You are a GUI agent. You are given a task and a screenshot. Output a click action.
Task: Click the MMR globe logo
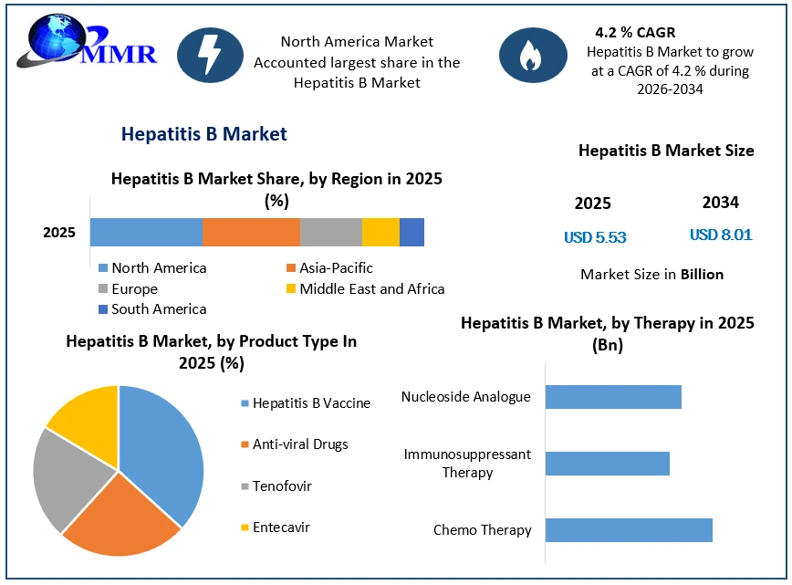tap(87, 42)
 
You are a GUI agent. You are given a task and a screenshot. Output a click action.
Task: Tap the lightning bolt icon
tap(210, 55)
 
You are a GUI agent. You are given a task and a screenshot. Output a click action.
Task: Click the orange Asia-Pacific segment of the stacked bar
tap(251, 233)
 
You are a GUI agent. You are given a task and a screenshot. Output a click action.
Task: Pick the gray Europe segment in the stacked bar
tap(331, 233)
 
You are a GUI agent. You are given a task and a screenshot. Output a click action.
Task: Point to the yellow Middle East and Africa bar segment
tap(380, 233)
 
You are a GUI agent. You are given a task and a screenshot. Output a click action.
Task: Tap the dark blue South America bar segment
tap(412, 233)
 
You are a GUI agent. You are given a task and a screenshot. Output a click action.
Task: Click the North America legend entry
tap(152, 267)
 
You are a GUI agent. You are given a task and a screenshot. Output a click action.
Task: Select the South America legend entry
tap(152, 309)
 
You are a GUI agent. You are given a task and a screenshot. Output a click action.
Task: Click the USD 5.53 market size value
tap(595, 237)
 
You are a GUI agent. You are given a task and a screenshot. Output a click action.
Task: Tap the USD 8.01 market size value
tap(721, 235)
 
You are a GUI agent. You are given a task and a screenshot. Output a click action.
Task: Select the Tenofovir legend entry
tap(276, 486)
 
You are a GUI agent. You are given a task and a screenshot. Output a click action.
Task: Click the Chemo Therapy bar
tap(629, 530)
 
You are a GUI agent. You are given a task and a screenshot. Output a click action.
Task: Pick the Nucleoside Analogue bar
tap(613, 397)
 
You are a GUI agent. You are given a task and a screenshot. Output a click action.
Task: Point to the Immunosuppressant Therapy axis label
tap(467, 464)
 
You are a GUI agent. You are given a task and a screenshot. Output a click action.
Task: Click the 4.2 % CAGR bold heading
tap(635, 32)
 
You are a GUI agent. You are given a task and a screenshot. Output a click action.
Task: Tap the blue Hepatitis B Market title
tap(204, 134)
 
